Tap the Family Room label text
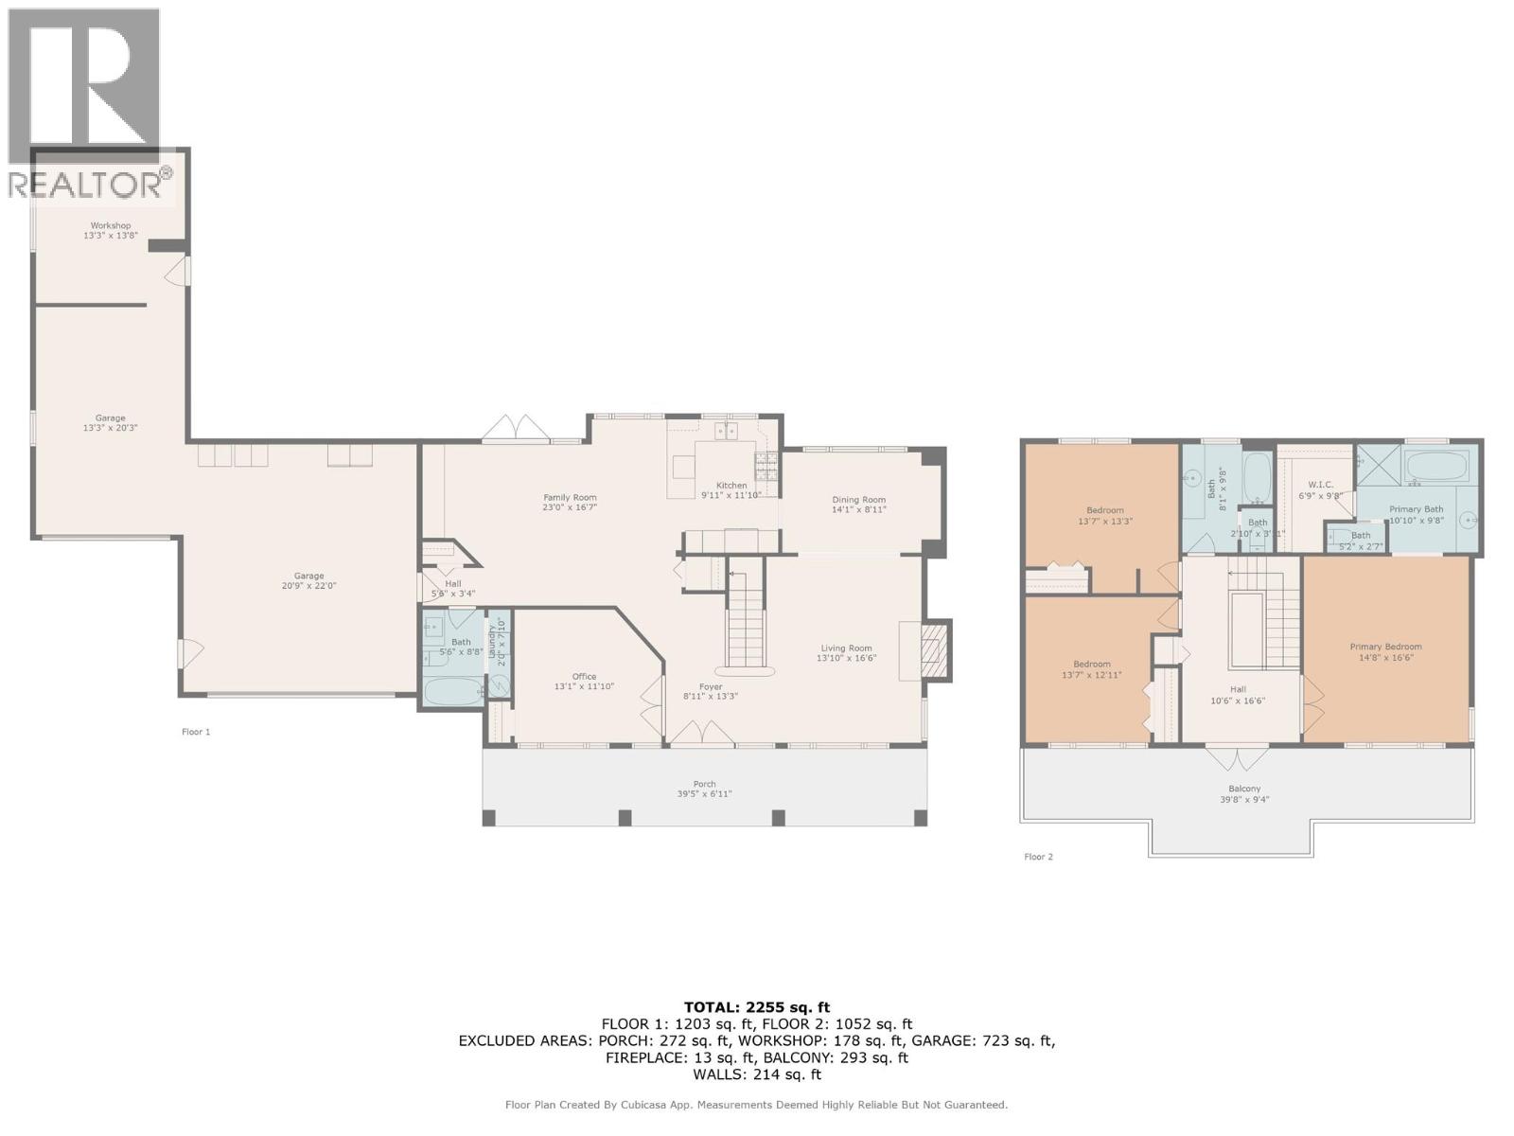[570, 497]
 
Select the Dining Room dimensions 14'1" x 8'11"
[858, 509]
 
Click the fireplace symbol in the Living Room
[935, 650]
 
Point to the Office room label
[584, 676]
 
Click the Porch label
[704, 784]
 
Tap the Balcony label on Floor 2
[1244, 789]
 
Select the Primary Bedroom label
[1385, 647]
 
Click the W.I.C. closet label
[1320, 485]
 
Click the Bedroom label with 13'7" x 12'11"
[1092, 664]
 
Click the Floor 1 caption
[196, 732]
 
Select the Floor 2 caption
[1038, 857]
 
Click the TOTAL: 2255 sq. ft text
[756, 1007]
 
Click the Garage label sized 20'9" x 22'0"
[308, 576]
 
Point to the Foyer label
[710, 686]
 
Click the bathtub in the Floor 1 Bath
[450, 690]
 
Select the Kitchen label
[731, 485]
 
